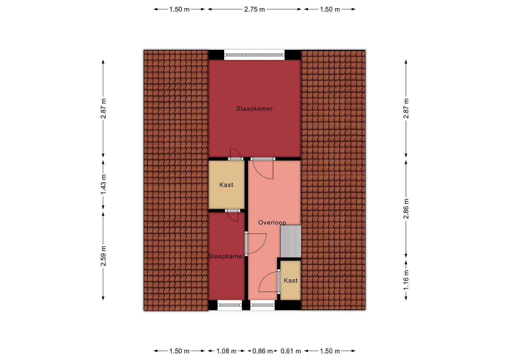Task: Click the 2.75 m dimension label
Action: coord(254,9)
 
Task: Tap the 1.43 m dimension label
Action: coord(103,184)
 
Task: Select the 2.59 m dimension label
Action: coord(103,256)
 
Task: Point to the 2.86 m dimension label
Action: coord(406,209)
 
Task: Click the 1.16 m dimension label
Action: coord(406,280)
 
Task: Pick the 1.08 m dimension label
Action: coord(226,351)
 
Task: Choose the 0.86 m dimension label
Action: coord(262,351)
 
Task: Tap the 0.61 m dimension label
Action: coord(290,351)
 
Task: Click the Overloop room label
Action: coord(272,222)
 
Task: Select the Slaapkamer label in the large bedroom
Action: coord(254,108)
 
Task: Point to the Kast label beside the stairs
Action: coord(290,280)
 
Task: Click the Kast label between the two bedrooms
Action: coord(226,185)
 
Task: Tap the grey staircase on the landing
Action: coord(290,241)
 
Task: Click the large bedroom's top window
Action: coord(254,55)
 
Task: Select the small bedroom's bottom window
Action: coord(230,305)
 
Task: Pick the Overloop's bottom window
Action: coord(262,305)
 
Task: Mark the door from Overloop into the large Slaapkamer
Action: coord(263,168)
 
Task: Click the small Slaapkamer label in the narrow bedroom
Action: coord(226,256)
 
